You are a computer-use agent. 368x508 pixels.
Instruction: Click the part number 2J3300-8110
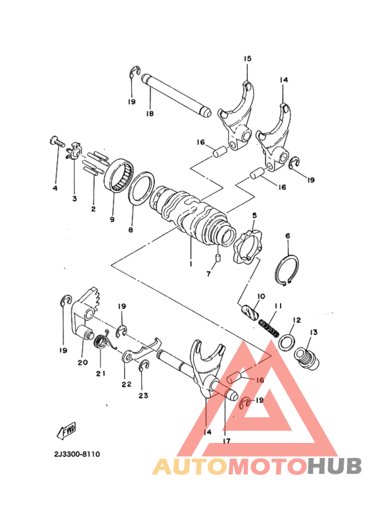(x=77, y=454)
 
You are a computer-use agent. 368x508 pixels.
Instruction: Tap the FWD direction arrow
(x=67, y=430)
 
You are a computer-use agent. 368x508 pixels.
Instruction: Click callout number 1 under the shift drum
(x=191, y=264)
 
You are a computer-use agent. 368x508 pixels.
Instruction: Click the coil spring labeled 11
(x=269, y=329)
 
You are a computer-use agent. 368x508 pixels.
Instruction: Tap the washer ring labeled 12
(x=287, y=341)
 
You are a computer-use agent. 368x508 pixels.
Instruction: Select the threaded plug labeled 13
(x=307, y=358)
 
